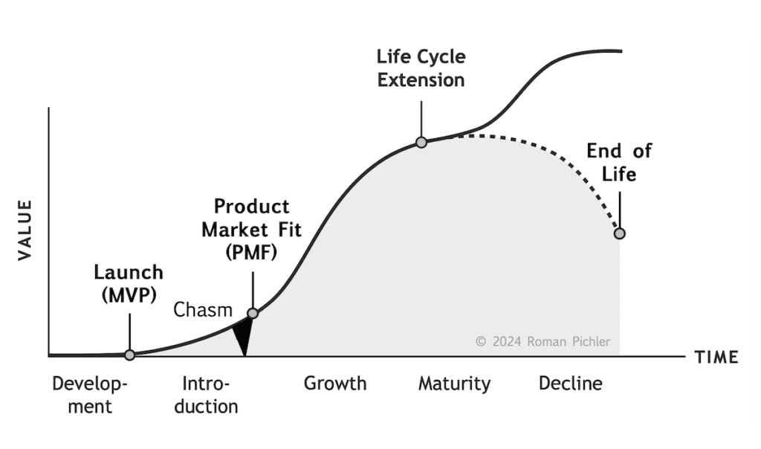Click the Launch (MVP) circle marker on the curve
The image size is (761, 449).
pos(130,355)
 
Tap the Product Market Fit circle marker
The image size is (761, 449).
pos(253,314)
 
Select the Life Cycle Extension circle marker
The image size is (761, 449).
pos(421,142)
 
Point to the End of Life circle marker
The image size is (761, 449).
pos(619,233)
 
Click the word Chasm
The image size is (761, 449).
pos(203,310)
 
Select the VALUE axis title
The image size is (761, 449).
pos(25,230)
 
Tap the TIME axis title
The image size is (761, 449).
pos(716,358)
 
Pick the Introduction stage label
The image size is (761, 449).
pos(210,395)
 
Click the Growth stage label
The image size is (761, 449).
pos(335,384)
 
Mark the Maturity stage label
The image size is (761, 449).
pos(454,384)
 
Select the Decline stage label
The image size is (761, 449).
pos(570,384)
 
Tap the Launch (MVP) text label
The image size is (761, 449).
pos(129,283)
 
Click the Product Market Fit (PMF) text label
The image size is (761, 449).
pos(252,229)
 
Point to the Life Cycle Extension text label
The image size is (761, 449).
pos(421,68)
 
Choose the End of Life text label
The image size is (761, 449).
pos(618,162)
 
